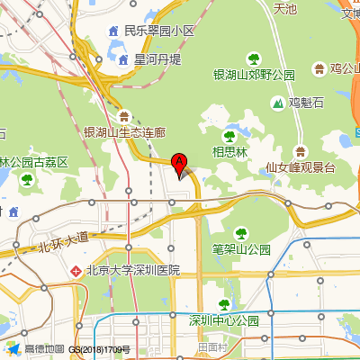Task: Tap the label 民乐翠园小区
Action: coord(159,31)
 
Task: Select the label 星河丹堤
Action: coord(157,59)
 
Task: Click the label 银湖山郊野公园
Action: coord(254,75)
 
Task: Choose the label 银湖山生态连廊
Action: coord(125,132)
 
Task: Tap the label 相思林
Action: coord(229,152)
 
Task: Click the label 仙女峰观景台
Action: coord(301,167)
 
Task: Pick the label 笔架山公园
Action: coord(241,248)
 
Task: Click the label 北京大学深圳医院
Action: coord(133,270)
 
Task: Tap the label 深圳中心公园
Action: coord(224,320)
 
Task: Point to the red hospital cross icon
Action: coord(76,270)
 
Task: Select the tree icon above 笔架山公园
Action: coord(240,230)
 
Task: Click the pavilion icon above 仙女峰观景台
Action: coord(301,149)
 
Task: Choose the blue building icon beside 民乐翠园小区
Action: coord(114,31)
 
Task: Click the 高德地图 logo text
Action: coord(44,349)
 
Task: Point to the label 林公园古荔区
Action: coord(34,163)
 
